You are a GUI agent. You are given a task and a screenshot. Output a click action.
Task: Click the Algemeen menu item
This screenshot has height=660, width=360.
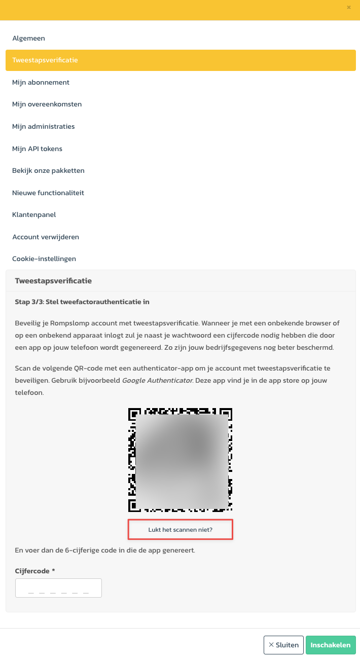[x=29, y=38]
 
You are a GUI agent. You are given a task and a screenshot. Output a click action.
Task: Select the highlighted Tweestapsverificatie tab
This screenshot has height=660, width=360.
[x=45, y=60]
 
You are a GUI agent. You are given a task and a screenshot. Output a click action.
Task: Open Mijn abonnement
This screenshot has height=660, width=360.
[x=41, y=82]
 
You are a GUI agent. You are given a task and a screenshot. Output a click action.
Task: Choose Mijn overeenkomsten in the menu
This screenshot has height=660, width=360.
[x=47, y=104]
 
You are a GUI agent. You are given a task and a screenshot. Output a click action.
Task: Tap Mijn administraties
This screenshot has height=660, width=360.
[x=43, y=126]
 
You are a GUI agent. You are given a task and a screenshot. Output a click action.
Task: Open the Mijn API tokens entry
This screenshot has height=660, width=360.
[x=37, y=149]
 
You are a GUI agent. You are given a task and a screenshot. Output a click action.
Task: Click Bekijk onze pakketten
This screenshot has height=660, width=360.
[x=48, y=170]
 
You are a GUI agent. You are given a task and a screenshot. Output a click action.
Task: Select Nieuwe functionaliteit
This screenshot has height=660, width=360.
[x=48, y=193]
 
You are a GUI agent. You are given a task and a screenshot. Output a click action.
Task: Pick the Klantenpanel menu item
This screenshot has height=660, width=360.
[x=34, y=214]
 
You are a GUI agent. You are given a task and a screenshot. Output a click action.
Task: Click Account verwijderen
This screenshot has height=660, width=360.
[x=46, y=237]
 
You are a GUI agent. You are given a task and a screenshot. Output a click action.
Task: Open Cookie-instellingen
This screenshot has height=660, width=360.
[x=44, y=259]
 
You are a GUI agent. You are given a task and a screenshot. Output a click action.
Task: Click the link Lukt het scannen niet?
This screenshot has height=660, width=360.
[x=181, y=530]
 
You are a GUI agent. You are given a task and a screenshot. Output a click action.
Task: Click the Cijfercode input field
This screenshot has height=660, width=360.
[x=58, y=588]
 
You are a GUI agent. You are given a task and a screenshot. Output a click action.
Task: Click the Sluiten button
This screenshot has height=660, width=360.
[x=283, y=645]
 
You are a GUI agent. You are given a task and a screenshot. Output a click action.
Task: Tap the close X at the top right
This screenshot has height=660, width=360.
[x=348, y=7]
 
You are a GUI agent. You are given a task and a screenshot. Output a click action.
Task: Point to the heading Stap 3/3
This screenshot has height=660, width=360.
[x=82, y=302]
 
